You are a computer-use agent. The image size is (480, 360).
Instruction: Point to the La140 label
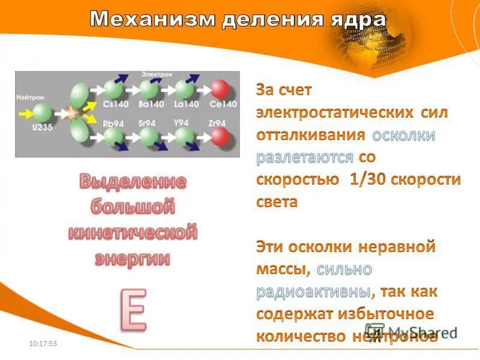(187, 104)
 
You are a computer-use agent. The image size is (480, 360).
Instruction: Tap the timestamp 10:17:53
(43, 343)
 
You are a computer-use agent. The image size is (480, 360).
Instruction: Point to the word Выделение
(133, 181)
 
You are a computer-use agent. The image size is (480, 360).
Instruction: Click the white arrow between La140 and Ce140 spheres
(205, 89)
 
